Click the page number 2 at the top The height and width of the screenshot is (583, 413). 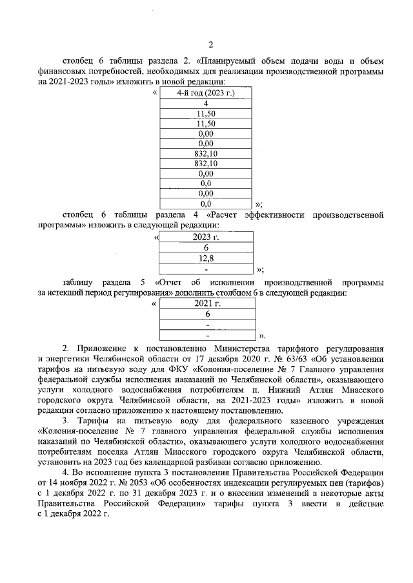click(210, 44)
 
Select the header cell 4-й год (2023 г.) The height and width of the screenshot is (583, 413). click(205, 93)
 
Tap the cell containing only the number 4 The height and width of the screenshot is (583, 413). click(205, 104)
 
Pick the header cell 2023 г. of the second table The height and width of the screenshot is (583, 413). click(207, 237)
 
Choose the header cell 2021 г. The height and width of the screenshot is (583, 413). click(208, 303)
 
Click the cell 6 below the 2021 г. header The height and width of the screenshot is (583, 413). click(208, 314)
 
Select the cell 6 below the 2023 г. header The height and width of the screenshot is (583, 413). click(207, 247)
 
